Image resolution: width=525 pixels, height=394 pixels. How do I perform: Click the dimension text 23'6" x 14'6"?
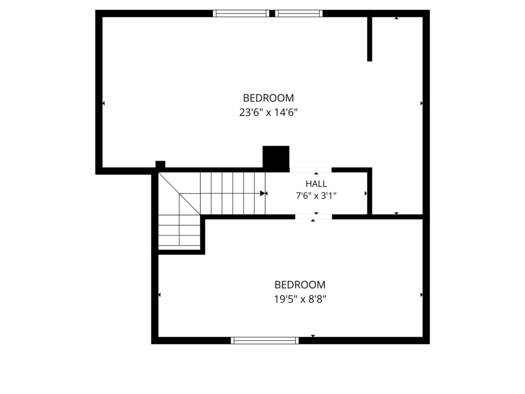click(x=268, y=112)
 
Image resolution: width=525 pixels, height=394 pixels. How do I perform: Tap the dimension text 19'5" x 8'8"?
click(x=300, y=299)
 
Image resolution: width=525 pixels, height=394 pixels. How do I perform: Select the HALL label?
click(x=316, y=184)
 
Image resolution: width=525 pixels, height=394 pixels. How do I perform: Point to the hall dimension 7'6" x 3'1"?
click(x=316, y=196)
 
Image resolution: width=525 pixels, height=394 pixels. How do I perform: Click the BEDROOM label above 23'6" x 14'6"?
click(x=268, y=98)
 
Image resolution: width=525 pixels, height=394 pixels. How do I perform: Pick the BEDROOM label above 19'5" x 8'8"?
click(x=300, y=285)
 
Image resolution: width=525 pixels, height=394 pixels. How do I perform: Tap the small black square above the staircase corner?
click(x=160, y=164)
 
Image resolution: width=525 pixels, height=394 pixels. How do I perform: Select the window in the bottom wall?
click(x=265, y=340)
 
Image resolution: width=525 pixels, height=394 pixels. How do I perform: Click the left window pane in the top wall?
click(x=241, y=13)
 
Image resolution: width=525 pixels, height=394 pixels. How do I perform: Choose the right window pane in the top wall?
click(x=299, y=13)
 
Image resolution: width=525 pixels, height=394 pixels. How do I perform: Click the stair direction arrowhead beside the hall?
click(x=264, y=194)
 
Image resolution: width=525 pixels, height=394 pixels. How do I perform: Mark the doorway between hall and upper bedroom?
click(x=310, y=170)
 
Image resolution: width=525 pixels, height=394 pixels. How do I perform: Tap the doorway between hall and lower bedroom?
click(x=313, y=217)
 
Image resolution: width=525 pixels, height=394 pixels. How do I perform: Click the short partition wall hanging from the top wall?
click(x=370, y=39)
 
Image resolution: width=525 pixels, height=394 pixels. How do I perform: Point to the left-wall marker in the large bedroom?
click(x=103, y=103)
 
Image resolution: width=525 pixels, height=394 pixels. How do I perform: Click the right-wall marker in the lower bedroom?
click(x=421, y=295)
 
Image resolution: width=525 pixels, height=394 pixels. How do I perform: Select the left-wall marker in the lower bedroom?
click(x=159, y=295)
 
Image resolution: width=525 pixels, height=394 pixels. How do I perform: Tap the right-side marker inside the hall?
click(x=366, y=194)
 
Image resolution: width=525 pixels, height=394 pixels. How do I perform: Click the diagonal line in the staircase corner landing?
click(x=180, y=194)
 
